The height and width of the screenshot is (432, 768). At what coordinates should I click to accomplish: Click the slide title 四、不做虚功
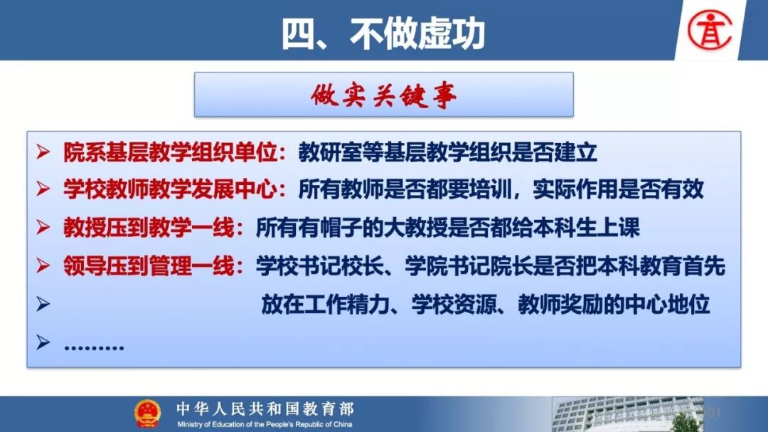click(383, 33)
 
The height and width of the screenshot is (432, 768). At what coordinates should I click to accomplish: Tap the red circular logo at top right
click(710, 30)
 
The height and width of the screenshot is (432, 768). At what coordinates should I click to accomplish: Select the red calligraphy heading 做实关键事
click(383, 95)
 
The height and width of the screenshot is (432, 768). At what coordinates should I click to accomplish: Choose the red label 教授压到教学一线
click(149, 228)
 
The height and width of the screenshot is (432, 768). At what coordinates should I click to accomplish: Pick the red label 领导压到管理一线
click(149, 265)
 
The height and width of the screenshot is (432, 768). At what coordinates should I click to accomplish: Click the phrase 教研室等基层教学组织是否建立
click(448, 152)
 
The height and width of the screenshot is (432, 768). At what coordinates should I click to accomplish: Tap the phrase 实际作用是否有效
click(618, 189)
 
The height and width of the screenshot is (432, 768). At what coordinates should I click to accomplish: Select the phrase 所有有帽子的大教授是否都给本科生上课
click(448, 228)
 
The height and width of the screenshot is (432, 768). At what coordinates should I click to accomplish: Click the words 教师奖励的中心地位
click(614, 304)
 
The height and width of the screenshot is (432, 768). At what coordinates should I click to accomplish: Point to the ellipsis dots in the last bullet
click(94, 347)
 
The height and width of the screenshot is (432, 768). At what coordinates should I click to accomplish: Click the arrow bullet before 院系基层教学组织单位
click(43, 152)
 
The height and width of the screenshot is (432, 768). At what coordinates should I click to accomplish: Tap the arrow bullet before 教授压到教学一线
click(43, 227)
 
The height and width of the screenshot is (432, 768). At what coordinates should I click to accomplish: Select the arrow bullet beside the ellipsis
click(43, 342)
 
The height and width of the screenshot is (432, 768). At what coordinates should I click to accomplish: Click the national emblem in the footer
click(147, 413)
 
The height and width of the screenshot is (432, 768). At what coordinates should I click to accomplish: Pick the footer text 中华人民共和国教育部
click(265, 409)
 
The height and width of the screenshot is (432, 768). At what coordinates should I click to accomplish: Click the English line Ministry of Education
click(265, 424)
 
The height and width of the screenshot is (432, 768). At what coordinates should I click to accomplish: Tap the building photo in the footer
click(628, 414)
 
